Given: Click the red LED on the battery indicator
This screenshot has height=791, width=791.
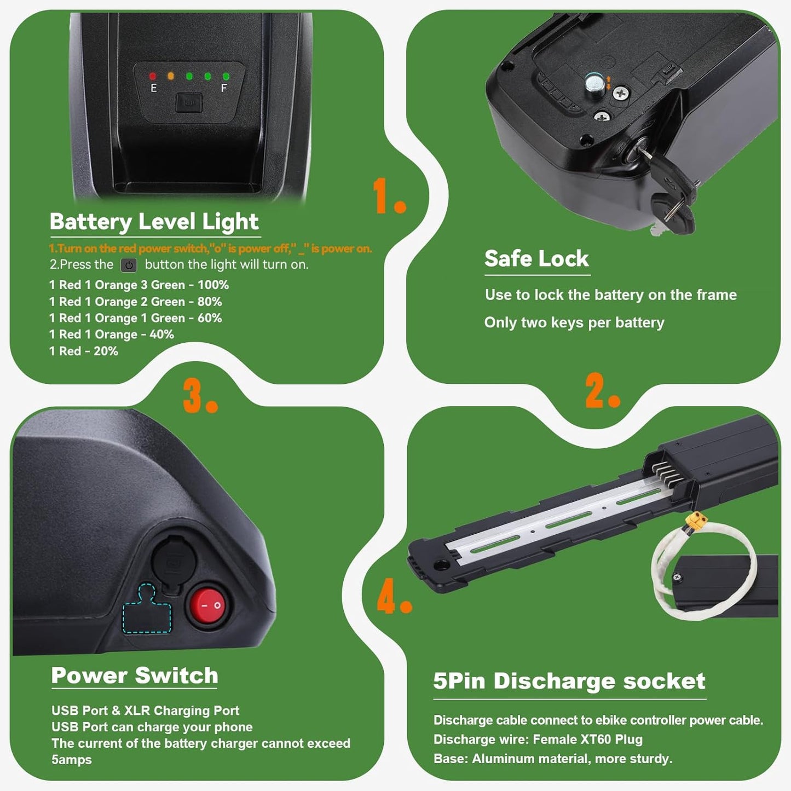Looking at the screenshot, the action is [x=153, y=76].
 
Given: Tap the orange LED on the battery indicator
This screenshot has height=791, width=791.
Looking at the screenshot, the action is [x=171, y=76].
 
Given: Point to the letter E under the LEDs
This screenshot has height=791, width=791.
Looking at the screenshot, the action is [x=153, y=88].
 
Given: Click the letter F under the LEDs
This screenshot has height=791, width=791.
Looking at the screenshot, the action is [x=224, y=88].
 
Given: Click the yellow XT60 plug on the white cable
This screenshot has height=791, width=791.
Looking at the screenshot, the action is [x=697, y=522].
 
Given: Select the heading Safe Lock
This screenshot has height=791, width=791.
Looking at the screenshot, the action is [x=536, y=258].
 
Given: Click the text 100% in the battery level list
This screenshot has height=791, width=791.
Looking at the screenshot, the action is [x=213, y=285].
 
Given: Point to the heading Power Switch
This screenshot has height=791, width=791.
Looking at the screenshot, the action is [x=134, y=675].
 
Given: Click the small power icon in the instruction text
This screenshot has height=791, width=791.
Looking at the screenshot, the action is [x=129, y=265].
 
